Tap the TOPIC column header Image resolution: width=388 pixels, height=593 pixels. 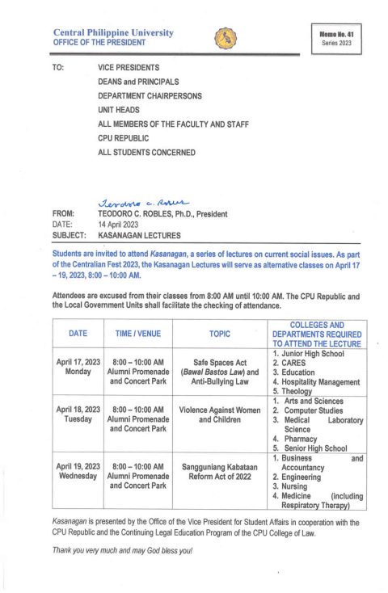coord(220,333)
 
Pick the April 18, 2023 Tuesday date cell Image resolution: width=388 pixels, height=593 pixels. coord(78,415)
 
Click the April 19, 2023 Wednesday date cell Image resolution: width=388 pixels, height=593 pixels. coord(78,471)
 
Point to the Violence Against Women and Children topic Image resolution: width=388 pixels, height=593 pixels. coord(220,415)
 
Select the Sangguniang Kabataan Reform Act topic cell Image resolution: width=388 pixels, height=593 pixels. coord(220,471)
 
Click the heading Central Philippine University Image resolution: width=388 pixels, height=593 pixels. coord(112,32)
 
